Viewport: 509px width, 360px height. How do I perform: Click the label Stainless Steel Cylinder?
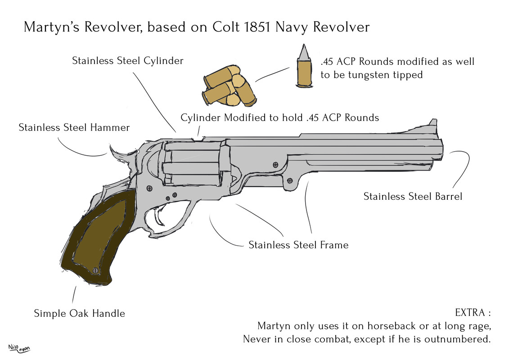[x=127, y=61]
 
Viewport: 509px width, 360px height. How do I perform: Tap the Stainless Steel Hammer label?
[x=74, y=128]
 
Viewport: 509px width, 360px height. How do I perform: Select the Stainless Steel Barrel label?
[x=413, y=197]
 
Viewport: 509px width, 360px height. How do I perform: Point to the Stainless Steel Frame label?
[x=298, y=245]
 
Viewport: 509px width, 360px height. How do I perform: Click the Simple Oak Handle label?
[x=79, y=313]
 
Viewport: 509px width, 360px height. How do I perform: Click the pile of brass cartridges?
[x=228, y=86]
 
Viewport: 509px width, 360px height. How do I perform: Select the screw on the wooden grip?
[x=95, y=270]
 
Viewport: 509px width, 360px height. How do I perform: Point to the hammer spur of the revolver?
[x=116, y=154]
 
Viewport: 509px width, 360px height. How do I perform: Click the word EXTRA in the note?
[x=469, y=313]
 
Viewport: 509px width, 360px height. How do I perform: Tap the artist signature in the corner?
[x=21, y=348]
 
